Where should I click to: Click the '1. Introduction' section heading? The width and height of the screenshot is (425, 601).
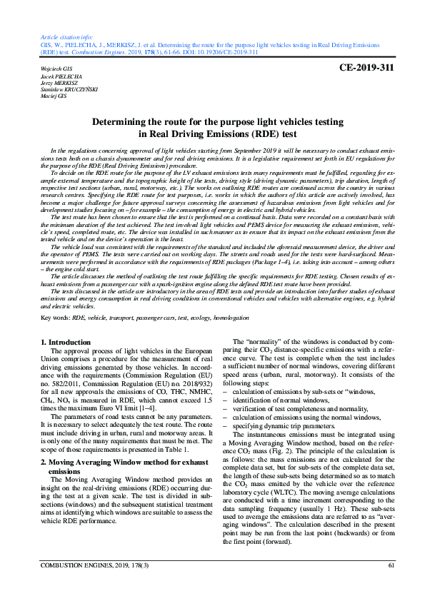(65, 343)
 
